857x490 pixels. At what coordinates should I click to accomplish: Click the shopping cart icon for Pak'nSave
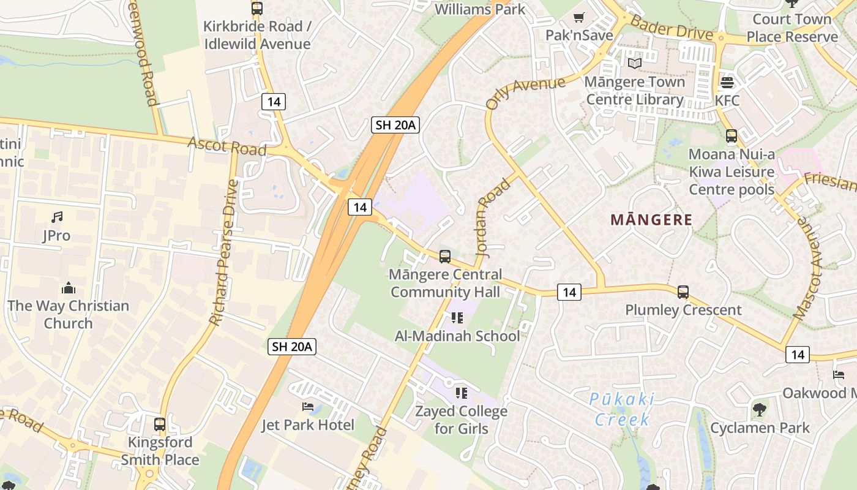(x=578, y=17)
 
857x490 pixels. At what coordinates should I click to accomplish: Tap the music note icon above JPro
(x=57, y=217)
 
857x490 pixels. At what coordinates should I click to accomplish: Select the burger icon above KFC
(x=727, y=81)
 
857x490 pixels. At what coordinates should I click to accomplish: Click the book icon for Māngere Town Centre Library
(x=634, y=63)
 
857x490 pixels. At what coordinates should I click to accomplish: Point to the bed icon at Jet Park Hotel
(x=308, y=407)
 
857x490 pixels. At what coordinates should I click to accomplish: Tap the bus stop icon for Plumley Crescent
(x=683, y=292)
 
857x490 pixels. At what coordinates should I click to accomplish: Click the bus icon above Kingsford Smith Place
(x=160, y=424)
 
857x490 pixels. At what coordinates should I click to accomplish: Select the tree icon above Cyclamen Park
(x=759, y=409)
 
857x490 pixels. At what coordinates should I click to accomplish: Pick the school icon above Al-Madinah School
(x=457, y=317)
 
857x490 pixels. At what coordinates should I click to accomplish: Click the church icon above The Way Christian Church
(x=69, y=287)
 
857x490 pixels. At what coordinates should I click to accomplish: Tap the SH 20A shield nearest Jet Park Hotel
(x=292, y=347)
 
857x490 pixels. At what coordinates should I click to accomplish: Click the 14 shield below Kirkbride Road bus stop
(x=273, y=102)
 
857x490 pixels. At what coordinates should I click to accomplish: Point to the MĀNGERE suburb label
(x=651, y=220)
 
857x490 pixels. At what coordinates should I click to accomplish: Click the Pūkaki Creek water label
(x=621, y=410)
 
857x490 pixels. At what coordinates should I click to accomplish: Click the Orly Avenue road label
(x=525, y=92)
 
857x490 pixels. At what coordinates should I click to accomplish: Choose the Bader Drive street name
(x=672, y=28)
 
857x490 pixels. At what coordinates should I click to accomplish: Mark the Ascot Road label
(x=227, y=146)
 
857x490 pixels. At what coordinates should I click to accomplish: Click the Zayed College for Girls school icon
(x=461, y=393)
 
